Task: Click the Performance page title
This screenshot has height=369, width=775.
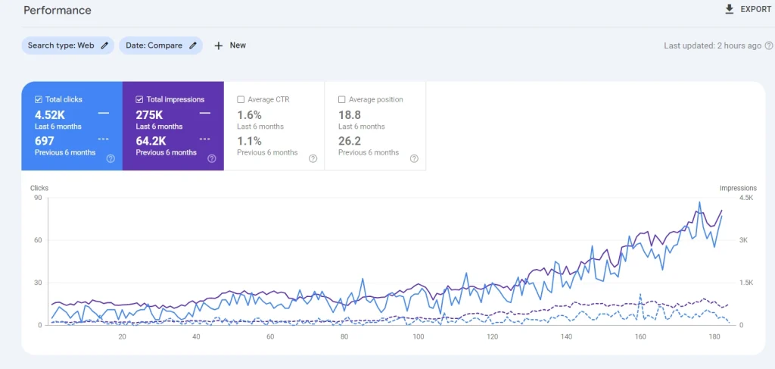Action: click(58, 11)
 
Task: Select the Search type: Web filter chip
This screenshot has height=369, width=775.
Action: click(67, 45)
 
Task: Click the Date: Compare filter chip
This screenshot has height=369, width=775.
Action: click(160, 45)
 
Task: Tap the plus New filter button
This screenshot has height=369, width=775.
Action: click(230, 45)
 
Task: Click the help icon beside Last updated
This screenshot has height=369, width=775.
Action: click(769, 45)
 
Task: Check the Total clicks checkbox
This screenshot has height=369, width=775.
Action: click(38, 99)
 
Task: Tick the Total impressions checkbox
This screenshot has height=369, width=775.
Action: click(139, 99)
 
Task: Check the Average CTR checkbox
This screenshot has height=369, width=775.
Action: click(241, 99)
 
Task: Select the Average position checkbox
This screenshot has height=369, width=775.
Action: click(341, 99)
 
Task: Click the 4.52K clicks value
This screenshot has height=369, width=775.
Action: click(50, 115)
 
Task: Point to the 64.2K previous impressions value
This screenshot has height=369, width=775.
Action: click(151, 142)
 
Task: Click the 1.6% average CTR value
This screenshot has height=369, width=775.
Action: click(249, 115)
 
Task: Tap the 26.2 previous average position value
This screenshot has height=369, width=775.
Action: click(350, 142)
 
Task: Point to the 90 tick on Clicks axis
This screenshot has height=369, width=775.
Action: click(38, 198)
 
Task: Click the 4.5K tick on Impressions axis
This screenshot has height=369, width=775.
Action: click(745, 198)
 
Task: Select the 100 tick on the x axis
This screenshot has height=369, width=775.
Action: click(418, 337)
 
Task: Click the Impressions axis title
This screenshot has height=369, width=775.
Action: click(738, 188)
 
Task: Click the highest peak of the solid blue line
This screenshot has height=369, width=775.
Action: click(699, 202)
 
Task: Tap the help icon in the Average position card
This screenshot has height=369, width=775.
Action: click(414, 159)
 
